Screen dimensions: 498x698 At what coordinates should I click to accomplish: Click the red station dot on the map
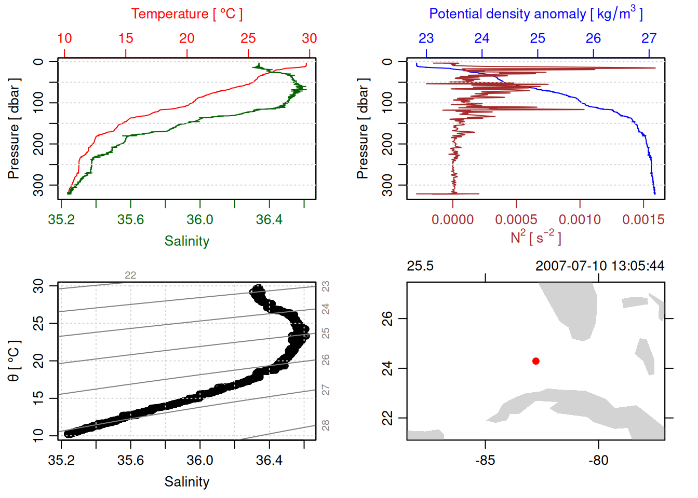pos(535,361)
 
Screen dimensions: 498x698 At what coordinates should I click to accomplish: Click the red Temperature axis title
pos(186,14)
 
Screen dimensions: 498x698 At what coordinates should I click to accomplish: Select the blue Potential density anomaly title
pos(535,13)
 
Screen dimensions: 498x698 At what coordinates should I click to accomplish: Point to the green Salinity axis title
pos(186,241)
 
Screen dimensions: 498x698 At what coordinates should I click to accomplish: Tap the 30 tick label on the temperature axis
pos(310,38)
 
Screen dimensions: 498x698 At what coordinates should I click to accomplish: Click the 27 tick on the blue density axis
pos(649,38)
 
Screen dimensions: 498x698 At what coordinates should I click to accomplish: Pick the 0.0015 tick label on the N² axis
pos(643,219)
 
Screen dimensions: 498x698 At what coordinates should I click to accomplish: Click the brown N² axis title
pos(535,238)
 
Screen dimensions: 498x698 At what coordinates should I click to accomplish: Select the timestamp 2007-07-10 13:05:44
pos(599,266)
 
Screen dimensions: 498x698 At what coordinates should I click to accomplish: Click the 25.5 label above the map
pos(420,266)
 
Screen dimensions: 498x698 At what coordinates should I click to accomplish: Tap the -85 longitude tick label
pos(485,460)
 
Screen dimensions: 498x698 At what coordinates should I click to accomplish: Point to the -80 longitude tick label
pos(598,460)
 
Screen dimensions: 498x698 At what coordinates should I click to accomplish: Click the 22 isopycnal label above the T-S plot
pos(130,275)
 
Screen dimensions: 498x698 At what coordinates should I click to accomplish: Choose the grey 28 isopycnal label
pos(326,425)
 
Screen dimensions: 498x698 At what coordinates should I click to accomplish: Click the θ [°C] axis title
pos(14,361)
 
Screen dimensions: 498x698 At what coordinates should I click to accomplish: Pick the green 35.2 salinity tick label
pos(61,219)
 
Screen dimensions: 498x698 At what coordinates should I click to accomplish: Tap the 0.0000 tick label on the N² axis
pos(452,219)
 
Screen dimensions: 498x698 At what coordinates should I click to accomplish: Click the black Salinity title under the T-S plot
pos(186,482)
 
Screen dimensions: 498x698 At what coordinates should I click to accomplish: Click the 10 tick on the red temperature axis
pos(64,38)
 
